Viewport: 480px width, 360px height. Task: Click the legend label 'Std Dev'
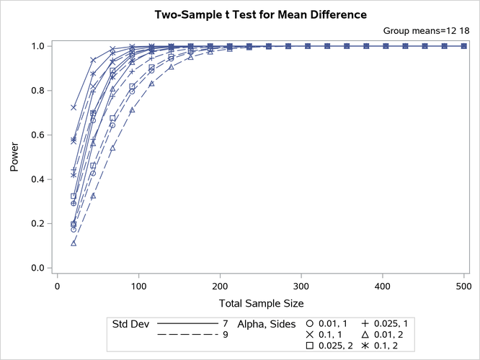pos(129,323)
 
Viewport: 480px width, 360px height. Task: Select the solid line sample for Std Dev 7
pos(186,323)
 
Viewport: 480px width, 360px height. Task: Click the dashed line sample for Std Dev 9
pos(186,335)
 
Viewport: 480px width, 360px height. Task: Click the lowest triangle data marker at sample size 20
pos(74,243)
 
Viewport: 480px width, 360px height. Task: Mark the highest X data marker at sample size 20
pos(74,107)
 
